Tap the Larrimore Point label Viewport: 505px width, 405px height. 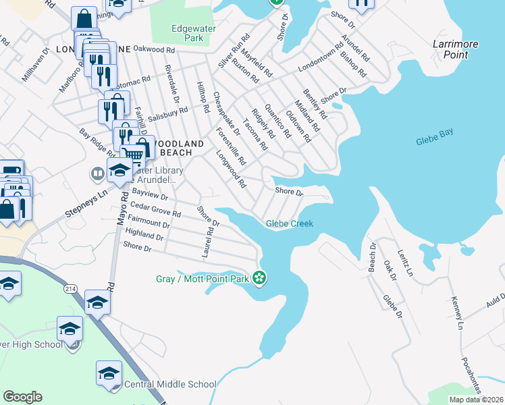pos(456,49)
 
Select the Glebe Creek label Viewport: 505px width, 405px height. pos(290,223)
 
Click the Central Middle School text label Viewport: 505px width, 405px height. pos(170,385)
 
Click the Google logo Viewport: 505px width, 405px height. pos(22,397)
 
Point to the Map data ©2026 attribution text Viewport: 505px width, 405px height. pos(475,400)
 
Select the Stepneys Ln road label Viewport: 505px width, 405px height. pos(86,205)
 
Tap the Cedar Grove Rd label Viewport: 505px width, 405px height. pos(155,209)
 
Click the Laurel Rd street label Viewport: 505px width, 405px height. pos(208,242)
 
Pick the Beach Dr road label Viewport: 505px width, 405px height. pos(371,253)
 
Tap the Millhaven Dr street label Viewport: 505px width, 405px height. pos(35,65)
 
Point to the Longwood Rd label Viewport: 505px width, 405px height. pos(230,169)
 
